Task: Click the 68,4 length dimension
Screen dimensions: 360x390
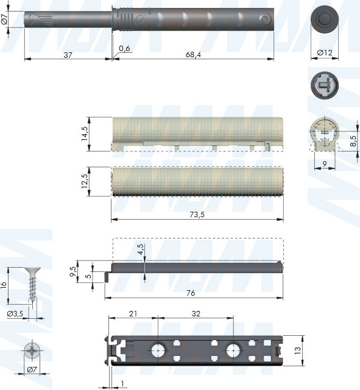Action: (x=193, y=55)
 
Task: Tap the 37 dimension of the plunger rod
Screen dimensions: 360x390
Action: (x=68, y=55)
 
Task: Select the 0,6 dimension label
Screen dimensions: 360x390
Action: (x=124, y=48)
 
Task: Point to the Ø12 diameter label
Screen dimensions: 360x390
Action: (x=325, y=52)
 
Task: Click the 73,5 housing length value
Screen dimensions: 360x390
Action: (x=197, y=214)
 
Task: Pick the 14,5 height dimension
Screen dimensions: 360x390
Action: (x=85, y=134)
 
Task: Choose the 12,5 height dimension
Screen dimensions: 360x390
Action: (x=85, y=181)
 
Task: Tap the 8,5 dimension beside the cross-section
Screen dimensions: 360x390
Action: (x=353, y=141)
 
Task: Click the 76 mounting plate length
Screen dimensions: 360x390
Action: (x=191, y=293)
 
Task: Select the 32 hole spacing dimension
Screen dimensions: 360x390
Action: (x=196, y=313)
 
